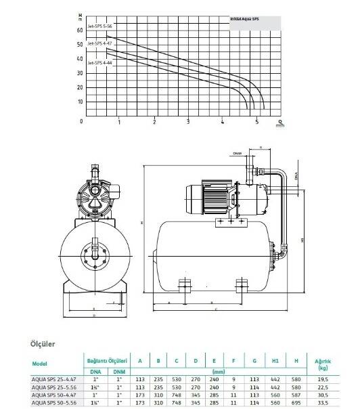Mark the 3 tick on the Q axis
tap(188, 123)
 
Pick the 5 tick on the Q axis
tap(256, 123)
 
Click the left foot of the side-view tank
tap(183, 283)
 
